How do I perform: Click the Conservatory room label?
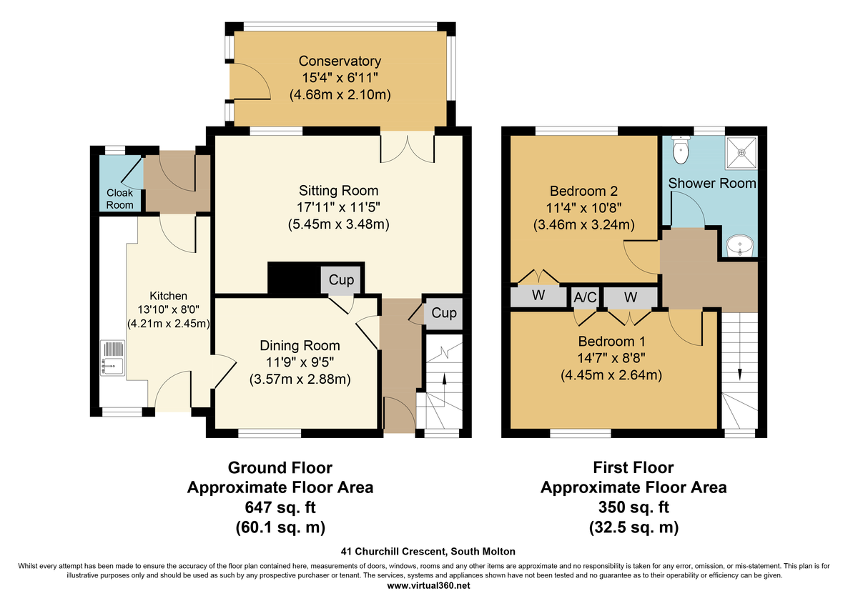[x=340, y=61]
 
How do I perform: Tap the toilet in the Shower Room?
[x=681, y=150]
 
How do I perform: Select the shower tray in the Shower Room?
[x=741, y=153]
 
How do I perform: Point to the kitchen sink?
[x=113, y=358]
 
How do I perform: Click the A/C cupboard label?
[x=585, y=297]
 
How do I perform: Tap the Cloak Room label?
[x=120, y=199]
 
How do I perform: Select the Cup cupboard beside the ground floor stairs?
[x=443, y=313]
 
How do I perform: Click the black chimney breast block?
[x=294, y=279]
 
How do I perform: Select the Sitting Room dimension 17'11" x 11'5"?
[x=338, y=207]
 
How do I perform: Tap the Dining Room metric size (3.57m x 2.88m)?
[x=300, y=379]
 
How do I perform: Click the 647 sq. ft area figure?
[x=280, y=507]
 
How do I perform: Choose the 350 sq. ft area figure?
[x=633, y=507]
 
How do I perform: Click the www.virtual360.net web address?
[x=428, y=586]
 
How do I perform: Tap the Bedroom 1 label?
[x=612, y=341]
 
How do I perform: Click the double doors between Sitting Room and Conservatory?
[x=407, y=147]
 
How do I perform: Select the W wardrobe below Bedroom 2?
[x=538, y=296]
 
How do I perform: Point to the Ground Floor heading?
[x=280, y=468]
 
